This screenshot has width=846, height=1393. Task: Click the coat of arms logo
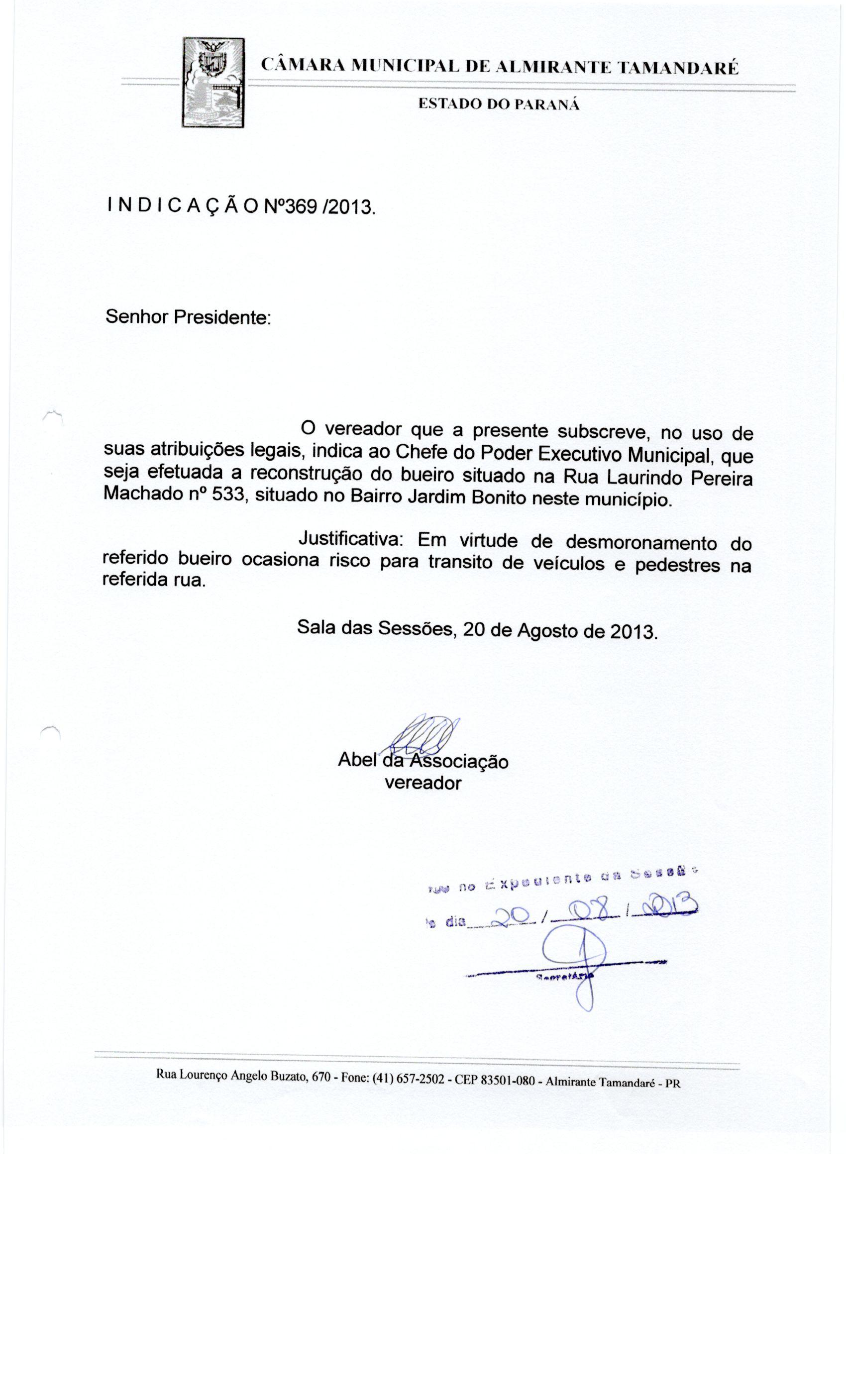tap(212, 82)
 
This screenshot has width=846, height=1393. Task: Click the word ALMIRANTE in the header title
tap(551, 68)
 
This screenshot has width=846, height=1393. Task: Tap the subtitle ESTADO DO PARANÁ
tap(499, 104)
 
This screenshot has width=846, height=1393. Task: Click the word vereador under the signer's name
tap(423, 783)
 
